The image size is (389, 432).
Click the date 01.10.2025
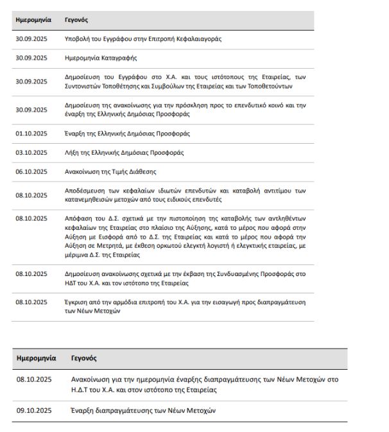[31, 134]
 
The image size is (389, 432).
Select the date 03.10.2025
[31, 153]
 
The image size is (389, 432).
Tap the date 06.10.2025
[31, 171]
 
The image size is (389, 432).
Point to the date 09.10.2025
[34, 410]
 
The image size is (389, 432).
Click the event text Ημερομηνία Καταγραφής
[101, 58]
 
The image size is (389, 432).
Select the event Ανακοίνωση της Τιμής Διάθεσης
[110, 171]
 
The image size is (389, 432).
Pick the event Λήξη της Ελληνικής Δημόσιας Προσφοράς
[124, 153]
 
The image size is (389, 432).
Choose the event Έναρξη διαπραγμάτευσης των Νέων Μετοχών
[144, 410]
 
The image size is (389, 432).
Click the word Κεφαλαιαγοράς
[200, 39]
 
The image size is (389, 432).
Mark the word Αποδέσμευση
[85, 191]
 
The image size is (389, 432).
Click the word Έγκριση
[76, 302]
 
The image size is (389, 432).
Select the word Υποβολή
[78, 39]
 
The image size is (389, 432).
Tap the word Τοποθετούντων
[290, 87]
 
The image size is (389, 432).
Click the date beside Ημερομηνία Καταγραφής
[31, 58]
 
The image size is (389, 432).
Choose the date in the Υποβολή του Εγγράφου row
[31, 39]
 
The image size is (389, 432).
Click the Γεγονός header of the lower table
[84, 358]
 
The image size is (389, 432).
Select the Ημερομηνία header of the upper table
[33, 21]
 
